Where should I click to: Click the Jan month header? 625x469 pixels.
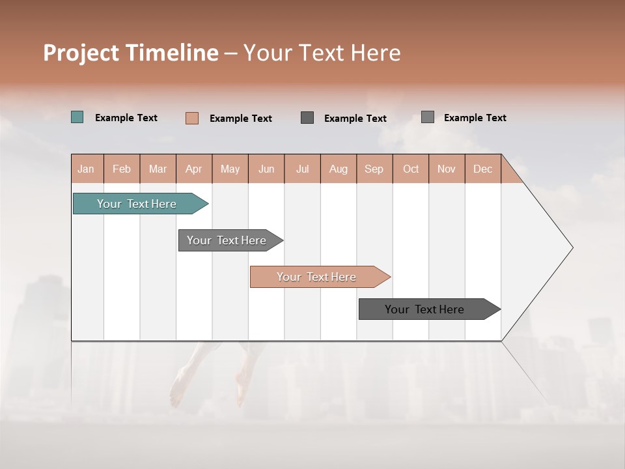pos(87,169)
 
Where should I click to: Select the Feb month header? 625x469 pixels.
pos(122,169)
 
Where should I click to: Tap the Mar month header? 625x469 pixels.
pos(158,169)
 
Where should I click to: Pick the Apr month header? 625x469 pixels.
pos(194,169)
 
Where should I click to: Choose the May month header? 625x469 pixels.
pos(230,169)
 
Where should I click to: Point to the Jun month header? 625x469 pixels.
pos(266,169)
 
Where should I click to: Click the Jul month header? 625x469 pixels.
pos(302,169)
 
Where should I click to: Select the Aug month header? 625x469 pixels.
pos(339,169)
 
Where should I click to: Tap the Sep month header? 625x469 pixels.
pos(374,169)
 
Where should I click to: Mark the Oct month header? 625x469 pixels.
pos(411,169)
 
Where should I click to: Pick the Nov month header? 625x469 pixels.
pos(447,169)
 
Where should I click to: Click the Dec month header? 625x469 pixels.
pos(483,169)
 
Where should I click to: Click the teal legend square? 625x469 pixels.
pos(77,117)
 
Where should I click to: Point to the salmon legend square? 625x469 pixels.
pos(192,118)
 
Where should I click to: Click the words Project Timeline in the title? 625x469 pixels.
pos(131,53)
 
